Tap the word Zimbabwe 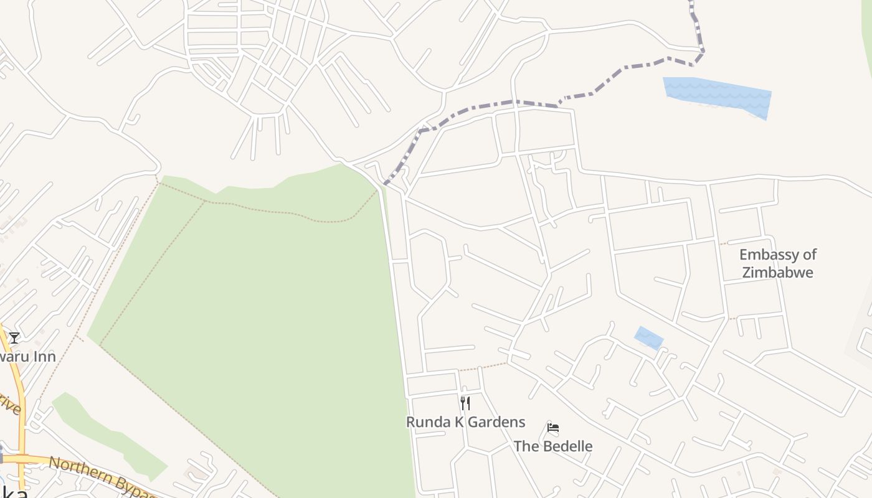pos(777,272)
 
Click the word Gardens pos(496,422)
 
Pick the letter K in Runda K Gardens pos(457,422)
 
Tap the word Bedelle pos(567,446)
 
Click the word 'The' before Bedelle pos(526,446)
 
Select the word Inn pos(44,357)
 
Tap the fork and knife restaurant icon pos(465,403)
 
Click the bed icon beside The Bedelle pos(552,428)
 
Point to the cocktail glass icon pos(14,338)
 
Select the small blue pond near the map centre pos(648,338)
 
